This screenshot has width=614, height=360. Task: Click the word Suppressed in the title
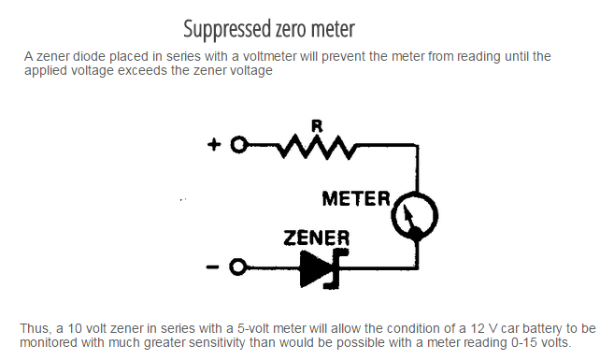click(x=227, y=29)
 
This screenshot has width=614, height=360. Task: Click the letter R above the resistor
click(x=317, y=126)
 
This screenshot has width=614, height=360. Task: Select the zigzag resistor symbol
click(x=317, y=147)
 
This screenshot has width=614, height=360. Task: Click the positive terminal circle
click(x=239, y=145)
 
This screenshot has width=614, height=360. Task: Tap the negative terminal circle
click(x=238, y=267)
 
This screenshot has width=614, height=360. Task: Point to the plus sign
click(x=214, y=145)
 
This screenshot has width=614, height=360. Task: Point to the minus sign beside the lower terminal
click(x=213, y=268)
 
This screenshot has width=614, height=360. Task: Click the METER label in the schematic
click(x=356, y=198)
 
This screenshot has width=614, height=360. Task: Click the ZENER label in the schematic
click(x=317, y=238)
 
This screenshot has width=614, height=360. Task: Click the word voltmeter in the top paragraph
click(x=269, y=56)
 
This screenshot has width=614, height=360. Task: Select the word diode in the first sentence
click(x=89, y=56)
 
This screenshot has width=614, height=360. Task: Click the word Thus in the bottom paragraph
click(x=36, y=328)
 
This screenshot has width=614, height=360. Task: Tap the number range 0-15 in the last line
click(x=524, y=343)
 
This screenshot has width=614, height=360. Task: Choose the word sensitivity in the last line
click(x=218, y=343)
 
